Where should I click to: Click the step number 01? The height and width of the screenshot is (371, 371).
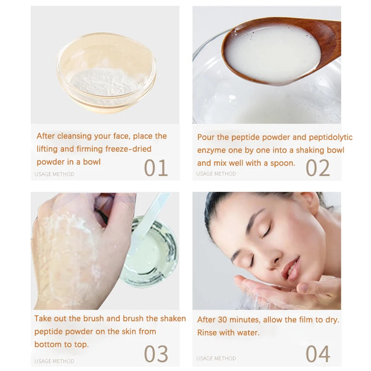click(x=155, y=168)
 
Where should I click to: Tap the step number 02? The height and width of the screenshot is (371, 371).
click(x=318, y=168)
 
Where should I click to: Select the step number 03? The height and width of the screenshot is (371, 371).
click(x=156, y=354)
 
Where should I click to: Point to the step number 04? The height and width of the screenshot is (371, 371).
click(x=318, y=354)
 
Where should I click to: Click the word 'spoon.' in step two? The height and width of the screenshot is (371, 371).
click(x=282, y=163)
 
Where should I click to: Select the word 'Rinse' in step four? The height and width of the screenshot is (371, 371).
click(x=207, y=333)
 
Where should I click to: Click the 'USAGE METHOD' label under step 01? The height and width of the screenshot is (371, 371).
click(x=54, y=174)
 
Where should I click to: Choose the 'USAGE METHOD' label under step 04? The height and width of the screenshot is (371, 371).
click(x=216, y=358)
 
